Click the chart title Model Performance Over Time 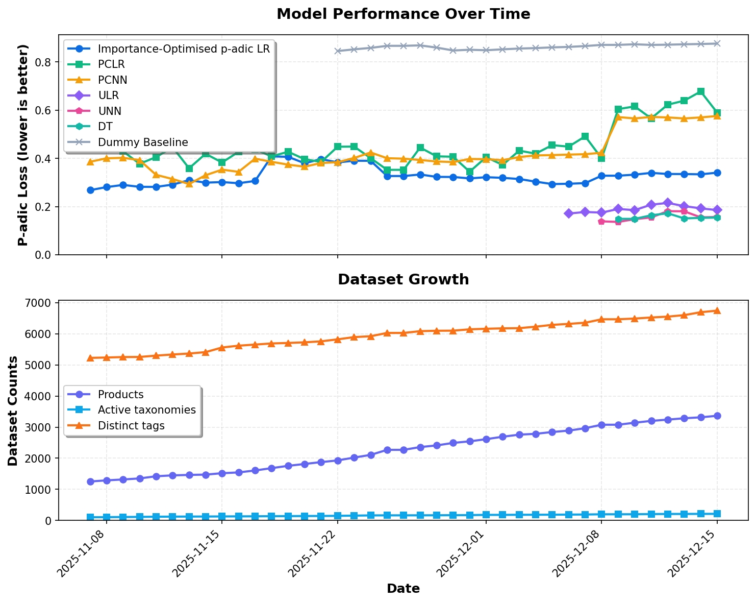coord(403,14)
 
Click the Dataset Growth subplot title coord(403,280)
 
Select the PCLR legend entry coord(111,64)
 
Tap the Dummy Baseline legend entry coord(143,142)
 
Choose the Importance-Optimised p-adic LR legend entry coord(184,49)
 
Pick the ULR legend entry coord(109,95)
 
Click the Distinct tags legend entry coord(131,426)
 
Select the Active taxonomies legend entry coord(146,410)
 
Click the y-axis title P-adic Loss coord(23,145)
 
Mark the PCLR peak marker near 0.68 coord(700,91)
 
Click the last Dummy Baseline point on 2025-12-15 coord(717,44)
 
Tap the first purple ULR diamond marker coord(568,213)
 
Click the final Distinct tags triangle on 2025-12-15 coord(717,310)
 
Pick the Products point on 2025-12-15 coord(717,416)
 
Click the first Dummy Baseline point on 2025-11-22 coord(337,51)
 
